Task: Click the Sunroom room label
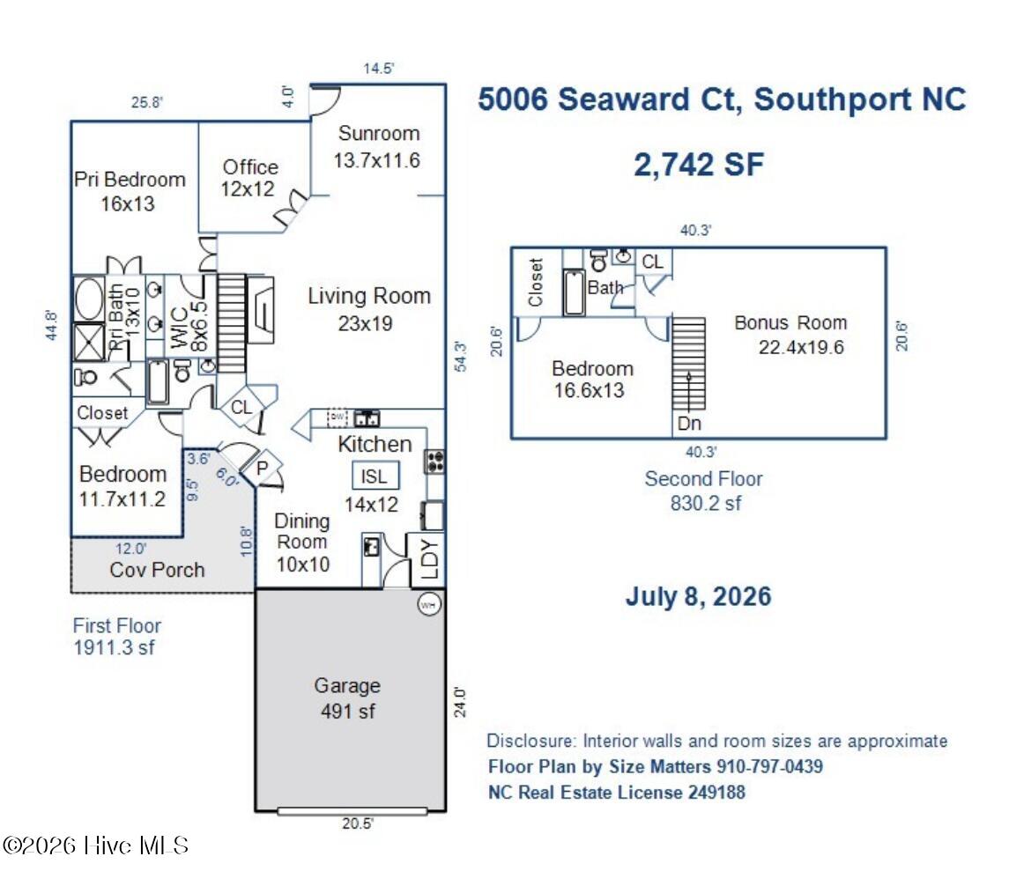[x=379, y=133]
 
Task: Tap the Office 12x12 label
[x=249, y=178]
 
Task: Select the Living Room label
[x=369, y=297]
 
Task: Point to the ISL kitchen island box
[x=375, y=476]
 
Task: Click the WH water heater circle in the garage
[x=429, y=605]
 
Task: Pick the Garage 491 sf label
[x=348, y=698]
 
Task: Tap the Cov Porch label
[x=157, y=570]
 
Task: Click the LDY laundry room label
[x=429, y=559]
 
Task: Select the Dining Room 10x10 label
[x=302, y=543]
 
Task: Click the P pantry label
[x=263, y=468]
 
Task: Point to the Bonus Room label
[x=791, y=322]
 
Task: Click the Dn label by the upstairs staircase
[x=689, y=424]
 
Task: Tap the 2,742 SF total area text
[x=699, y=165]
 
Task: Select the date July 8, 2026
[x=698, y=597]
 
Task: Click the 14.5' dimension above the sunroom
[x=379, y=69]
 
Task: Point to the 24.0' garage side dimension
[x=460, y=702]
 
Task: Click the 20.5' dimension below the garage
[x=358, y=823]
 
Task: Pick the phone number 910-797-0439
[x=769, y=766]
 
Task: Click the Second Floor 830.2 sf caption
[x=704, y=491]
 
